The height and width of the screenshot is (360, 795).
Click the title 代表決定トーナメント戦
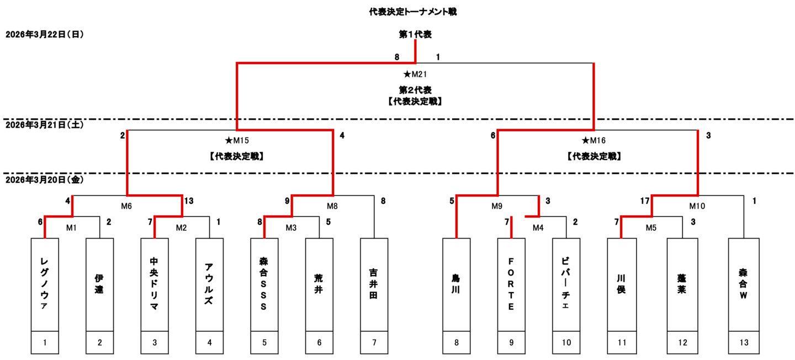pos(413,12)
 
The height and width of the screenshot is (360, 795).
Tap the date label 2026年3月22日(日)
pos(44,34)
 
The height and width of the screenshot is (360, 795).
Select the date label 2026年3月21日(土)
pos(44,125)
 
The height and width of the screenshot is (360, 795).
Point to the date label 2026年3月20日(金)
pos(44,180)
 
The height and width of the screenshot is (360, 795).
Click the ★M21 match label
pos(415,74)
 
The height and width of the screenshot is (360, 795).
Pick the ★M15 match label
pos(237,140)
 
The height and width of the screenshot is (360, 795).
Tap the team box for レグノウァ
pos(45,284)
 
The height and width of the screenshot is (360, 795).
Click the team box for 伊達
pos(99,284)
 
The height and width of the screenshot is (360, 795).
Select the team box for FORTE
pos(511,284)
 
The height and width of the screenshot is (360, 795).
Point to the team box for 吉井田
pos(374,284)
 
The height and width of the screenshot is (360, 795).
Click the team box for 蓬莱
pos(683,284)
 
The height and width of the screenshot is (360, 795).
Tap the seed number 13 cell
pos(744,342)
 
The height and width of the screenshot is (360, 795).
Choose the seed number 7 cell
pos(374,342)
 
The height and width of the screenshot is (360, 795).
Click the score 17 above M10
pos(644,202)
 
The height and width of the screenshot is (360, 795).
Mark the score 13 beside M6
pos(189,202)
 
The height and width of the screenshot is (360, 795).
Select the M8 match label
pos(332,206)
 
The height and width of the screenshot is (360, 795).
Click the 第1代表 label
pos(415,34)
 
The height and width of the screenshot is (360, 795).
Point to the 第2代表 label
pos(415,89)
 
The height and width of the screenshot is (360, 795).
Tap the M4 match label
pos(538,227)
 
